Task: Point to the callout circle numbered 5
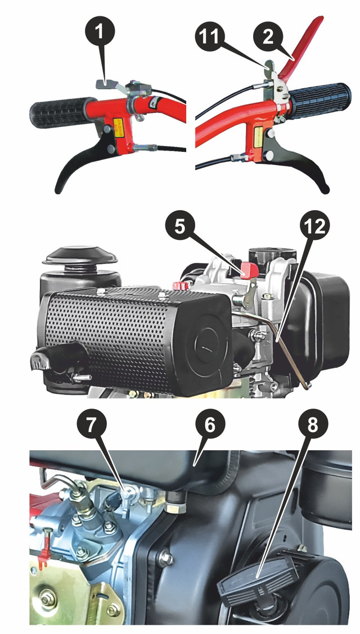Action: tap(181, 227)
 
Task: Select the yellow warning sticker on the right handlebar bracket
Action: tap(258, 135)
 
